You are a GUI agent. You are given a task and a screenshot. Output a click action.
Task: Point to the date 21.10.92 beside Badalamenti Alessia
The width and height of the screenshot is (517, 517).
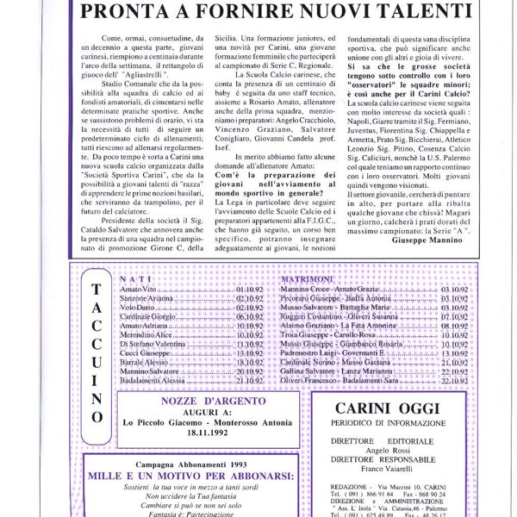[x=250, y=380]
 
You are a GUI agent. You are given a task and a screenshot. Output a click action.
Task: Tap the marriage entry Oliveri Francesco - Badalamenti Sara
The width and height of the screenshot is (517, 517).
[x=347, y=380]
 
